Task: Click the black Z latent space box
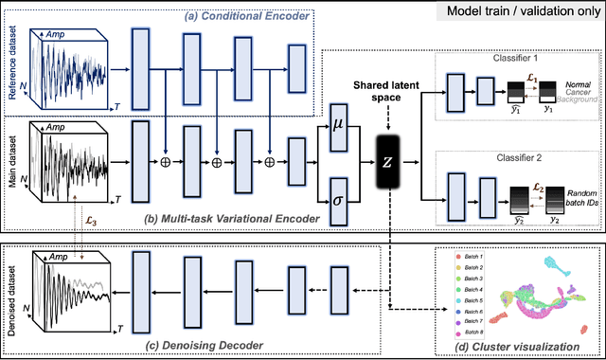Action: coord(389,162)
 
